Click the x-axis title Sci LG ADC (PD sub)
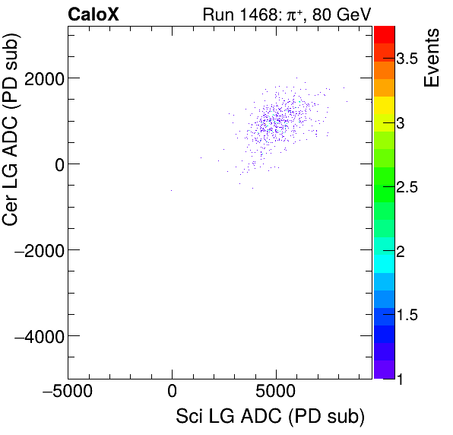pos(270,417)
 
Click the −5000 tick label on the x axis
pos(68,393)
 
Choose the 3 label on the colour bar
pos(406,122)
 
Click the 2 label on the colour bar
pos(406,251)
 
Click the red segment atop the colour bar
pos(384,33)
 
